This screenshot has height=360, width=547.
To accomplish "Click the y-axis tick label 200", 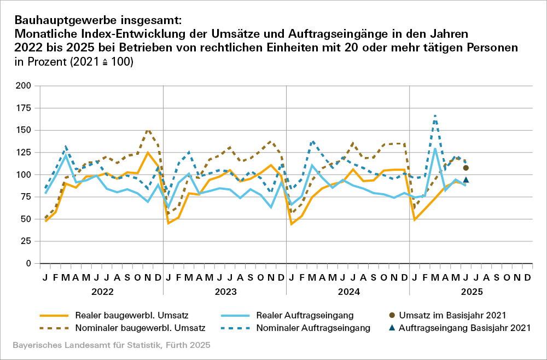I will click(23, 86).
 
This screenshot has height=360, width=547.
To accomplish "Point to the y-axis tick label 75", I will click(25, 197).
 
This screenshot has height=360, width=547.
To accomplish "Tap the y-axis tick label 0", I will click(28, 263).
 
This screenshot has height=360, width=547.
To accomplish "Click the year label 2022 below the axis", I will click(102, 292).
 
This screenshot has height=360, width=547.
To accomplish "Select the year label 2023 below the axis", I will click(225, 292).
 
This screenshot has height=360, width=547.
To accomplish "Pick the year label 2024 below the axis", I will click(348, 292).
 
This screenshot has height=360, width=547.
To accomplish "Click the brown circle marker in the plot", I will click(466, 168).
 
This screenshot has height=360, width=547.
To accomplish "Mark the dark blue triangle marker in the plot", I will click(466, 180).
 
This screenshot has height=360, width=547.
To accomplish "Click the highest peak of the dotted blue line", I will click(435, 115).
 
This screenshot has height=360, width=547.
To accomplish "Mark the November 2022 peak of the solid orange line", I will click(148, 153).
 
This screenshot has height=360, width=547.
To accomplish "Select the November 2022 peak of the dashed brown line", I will click(148, 130).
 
